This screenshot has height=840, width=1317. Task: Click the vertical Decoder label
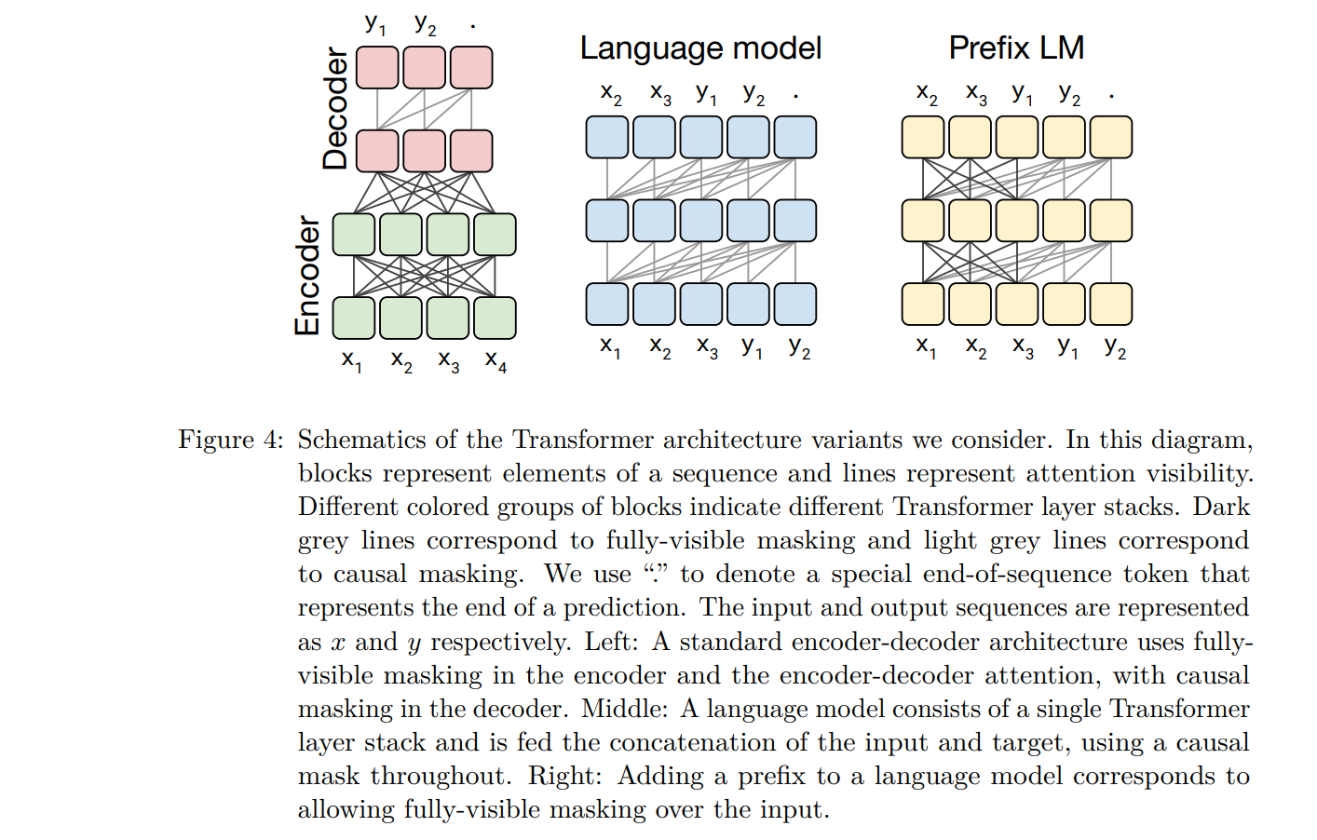335,108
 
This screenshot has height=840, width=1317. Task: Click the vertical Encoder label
307,276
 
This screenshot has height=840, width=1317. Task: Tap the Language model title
700,48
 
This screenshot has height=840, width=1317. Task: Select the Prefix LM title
1016,47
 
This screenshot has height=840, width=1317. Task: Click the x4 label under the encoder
496,361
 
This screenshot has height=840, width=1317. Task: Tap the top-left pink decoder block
377,68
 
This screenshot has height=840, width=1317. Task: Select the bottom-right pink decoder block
471,151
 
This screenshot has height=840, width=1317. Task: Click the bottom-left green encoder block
354,318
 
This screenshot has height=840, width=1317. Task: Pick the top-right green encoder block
495,235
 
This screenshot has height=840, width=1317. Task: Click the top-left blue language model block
607,137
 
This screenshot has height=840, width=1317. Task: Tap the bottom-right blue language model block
794,305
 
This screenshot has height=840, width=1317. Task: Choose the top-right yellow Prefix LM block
1111,137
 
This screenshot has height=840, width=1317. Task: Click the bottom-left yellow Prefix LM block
923,305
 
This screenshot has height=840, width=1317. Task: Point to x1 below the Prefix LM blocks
925,347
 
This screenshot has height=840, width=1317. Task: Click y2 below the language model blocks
799,347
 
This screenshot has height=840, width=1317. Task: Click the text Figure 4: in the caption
231,440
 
